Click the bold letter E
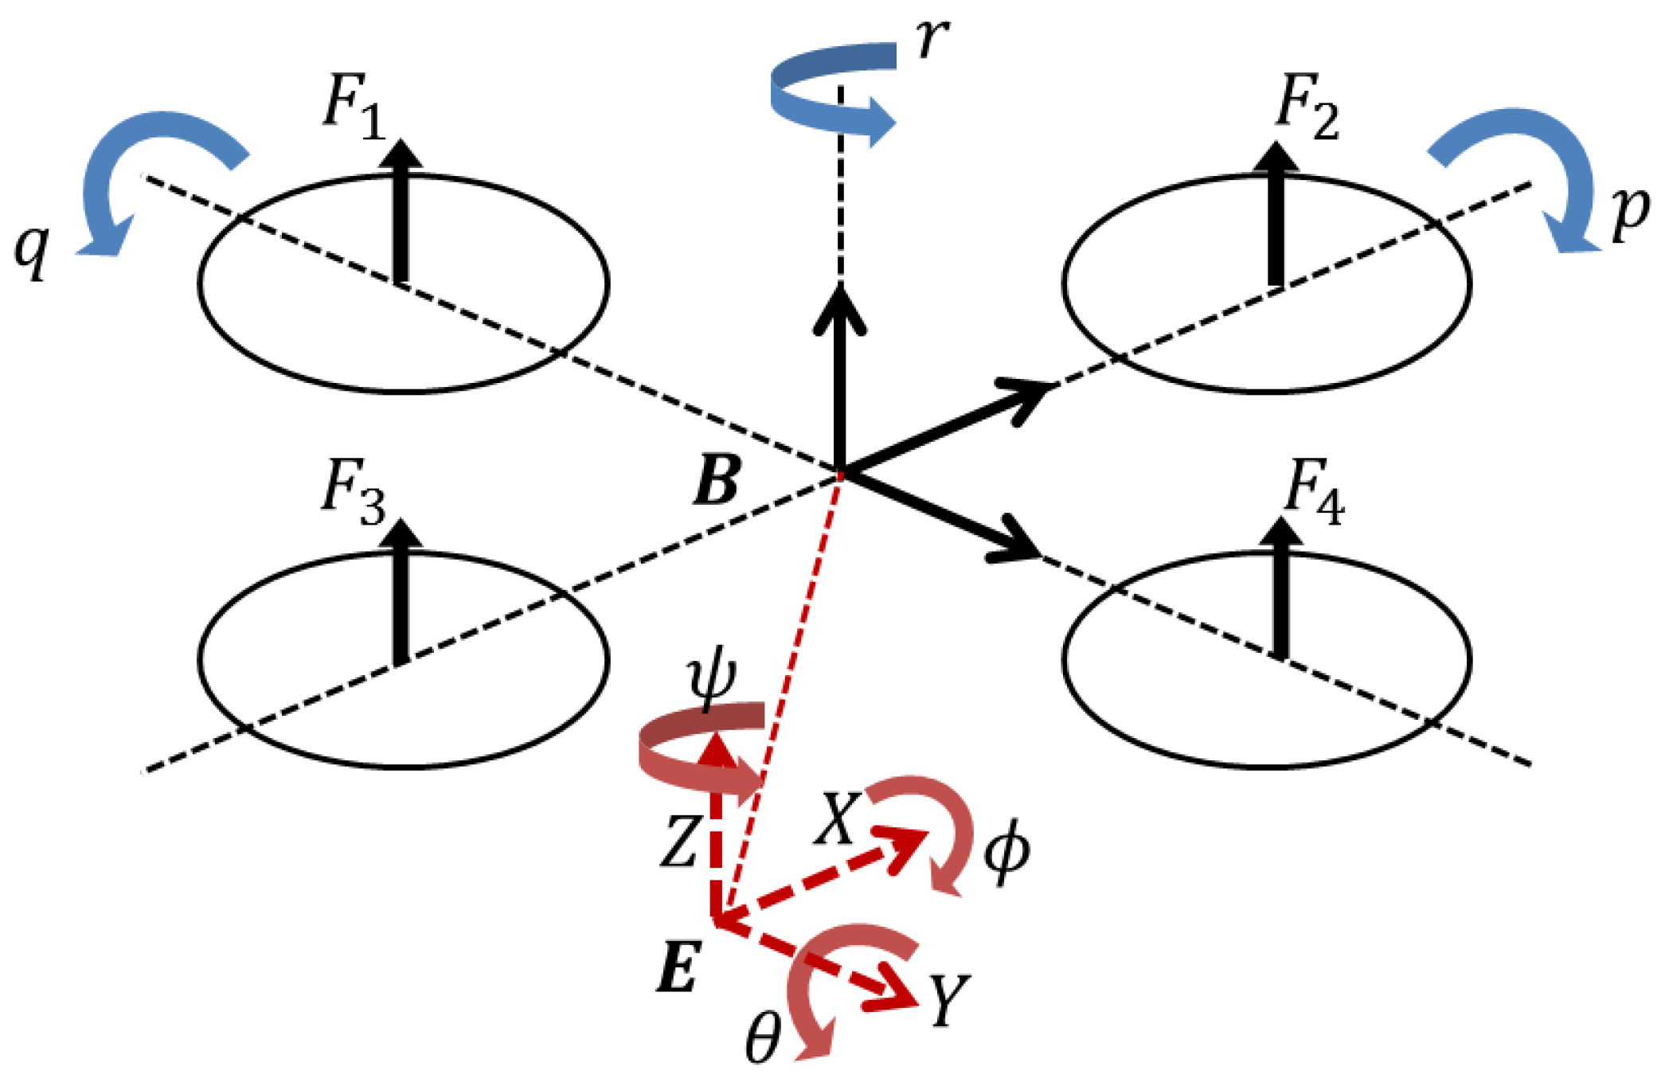pyautogui.click(x=678, y=966)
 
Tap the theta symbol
pyautogui.click(x=762, y=1040)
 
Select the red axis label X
pyautogui.click(x=836, y=819)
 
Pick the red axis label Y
pyautogui.click(x=948, y=1000)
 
